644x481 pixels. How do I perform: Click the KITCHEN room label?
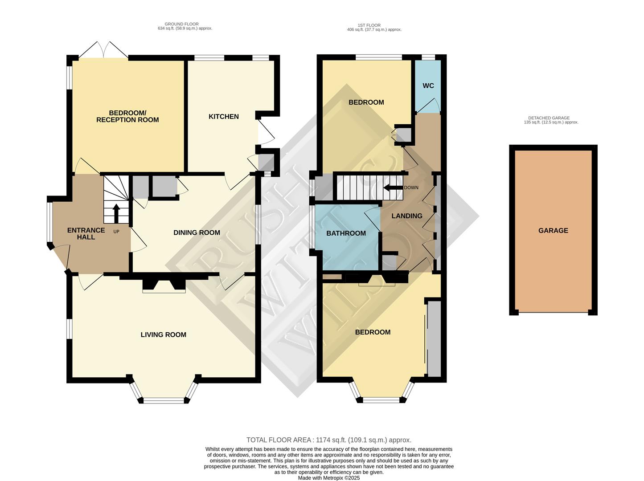224,117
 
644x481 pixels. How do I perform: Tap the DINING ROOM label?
197,232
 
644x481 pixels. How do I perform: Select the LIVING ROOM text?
163,335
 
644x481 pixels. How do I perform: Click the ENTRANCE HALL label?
86,234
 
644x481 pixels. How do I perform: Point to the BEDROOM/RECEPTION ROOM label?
127,116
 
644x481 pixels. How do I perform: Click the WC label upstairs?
428,86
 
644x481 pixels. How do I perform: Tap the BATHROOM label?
346,233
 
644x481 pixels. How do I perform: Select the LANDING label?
406,216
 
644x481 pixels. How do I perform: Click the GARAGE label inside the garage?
553,231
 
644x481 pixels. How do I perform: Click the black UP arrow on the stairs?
116,213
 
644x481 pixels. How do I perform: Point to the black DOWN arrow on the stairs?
392,188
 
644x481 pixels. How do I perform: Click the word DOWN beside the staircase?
411,188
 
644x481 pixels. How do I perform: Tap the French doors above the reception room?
103,50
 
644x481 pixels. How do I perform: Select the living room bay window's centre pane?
164,400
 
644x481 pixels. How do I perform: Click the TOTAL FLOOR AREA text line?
328,440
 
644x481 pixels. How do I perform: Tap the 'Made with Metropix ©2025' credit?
328,478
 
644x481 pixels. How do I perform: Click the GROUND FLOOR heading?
181,24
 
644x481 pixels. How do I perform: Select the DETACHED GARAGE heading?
551,118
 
